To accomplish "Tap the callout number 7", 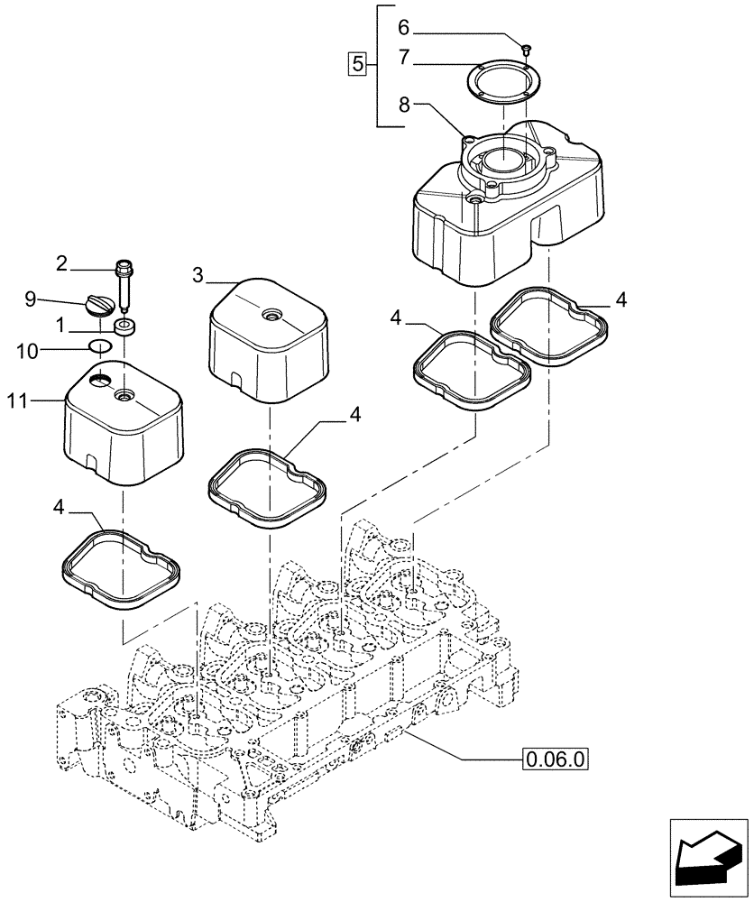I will coord(405,57).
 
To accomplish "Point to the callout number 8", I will coord(405,105).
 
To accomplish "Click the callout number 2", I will coord(61,263).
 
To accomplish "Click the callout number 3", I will coord(197,275).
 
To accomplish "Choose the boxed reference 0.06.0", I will coord(555,759).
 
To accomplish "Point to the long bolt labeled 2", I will coord(124,285).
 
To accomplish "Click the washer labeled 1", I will coord(124,326).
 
